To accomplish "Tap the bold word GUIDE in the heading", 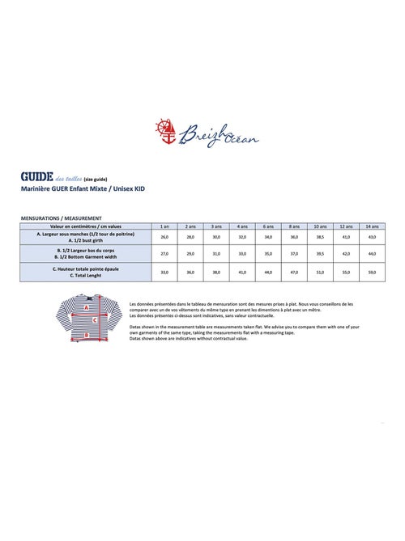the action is point(37,175).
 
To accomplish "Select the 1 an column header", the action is point(164,226).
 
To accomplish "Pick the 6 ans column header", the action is point(269,226).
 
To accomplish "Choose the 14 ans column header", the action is point(373,226).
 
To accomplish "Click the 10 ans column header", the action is point(321,226).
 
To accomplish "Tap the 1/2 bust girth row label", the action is point(86,240).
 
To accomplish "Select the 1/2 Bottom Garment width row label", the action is point(86,256).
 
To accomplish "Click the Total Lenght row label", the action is point(86,275).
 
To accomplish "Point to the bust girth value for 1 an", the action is point(164,237).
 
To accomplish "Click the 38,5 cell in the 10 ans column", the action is point(321,237).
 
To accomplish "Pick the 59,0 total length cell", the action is point(373,273).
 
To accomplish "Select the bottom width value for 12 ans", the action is point(347,254).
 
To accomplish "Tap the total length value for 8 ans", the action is point(295,273).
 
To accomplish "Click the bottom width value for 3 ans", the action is point(216,254).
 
